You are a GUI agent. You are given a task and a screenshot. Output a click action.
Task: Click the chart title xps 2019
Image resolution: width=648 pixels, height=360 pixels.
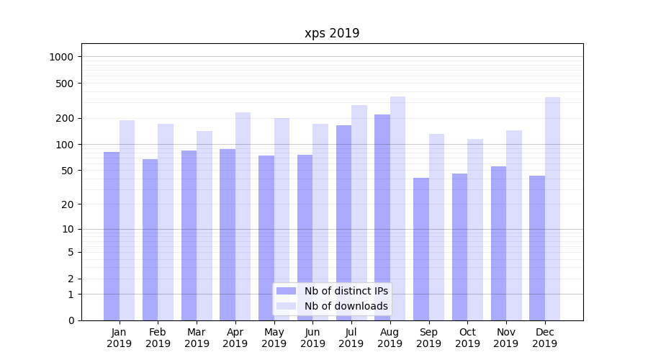coord(332,33)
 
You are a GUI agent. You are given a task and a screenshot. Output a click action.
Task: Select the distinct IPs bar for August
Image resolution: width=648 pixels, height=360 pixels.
coord(382,216)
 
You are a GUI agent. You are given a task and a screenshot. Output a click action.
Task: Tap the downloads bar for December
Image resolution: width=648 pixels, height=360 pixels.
coord(552,209)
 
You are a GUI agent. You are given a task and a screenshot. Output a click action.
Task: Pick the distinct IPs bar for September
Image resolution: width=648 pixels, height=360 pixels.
coord(421,248)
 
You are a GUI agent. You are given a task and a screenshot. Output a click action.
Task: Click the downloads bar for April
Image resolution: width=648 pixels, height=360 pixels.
coord(243,216)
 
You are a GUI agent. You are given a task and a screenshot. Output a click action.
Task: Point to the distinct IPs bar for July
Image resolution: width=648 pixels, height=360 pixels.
coord(343,223)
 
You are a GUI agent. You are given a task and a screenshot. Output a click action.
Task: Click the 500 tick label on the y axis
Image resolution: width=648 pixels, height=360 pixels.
coord(66,83)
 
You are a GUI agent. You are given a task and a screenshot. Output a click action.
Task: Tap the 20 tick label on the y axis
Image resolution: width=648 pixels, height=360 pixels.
coord(68,204)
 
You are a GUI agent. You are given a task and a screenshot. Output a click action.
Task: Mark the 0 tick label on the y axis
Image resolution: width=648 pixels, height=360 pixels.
coord(71,320)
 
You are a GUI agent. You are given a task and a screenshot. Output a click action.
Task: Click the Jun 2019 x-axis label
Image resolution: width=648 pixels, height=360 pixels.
coord(312,338)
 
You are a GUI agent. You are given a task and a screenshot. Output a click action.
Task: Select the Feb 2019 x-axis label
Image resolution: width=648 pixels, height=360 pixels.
coord(158,338)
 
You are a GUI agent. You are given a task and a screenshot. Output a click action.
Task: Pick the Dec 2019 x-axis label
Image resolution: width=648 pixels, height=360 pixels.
coord(544,338)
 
